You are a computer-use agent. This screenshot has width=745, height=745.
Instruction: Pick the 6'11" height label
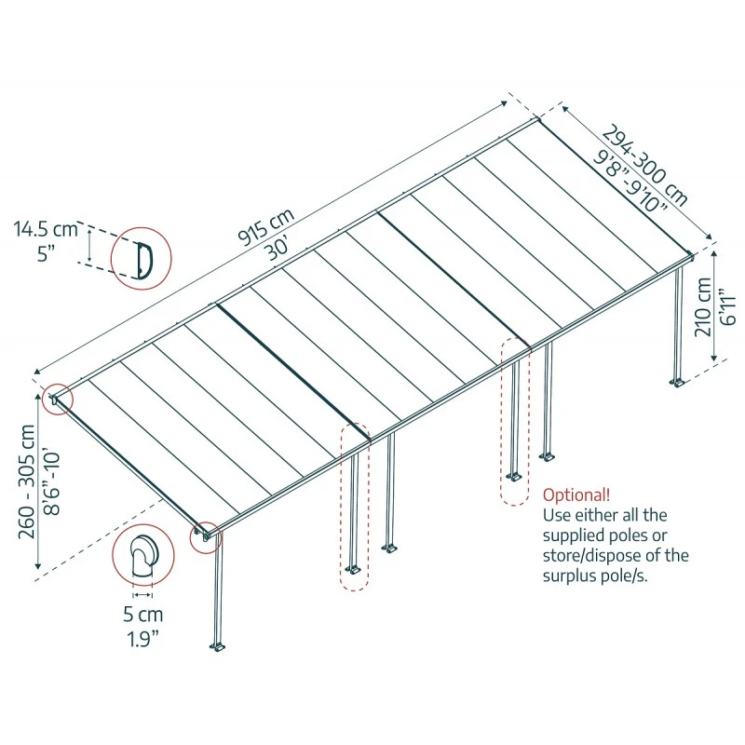[729, 305]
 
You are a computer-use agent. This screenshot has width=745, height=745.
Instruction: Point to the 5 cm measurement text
[142, 615]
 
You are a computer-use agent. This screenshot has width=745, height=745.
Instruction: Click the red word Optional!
[577, 494]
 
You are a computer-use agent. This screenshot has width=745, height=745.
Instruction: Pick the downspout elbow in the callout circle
[142, 561]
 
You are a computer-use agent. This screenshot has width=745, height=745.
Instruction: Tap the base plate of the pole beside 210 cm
[677, 382]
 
